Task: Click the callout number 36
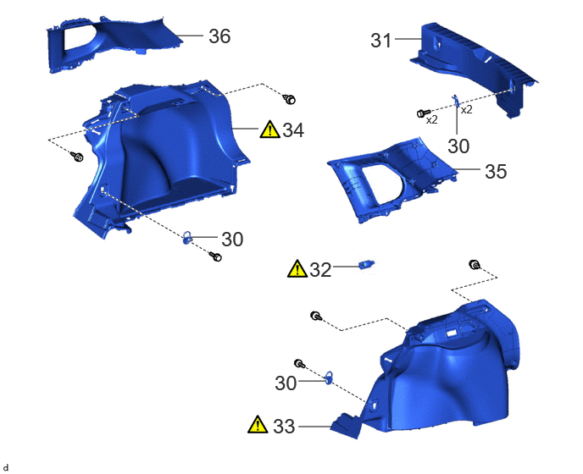click(219, 36)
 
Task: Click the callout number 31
click(381, 40)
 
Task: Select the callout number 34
click(293, 130)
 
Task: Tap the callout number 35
click(496, 171)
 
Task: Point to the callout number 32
click(320, 270)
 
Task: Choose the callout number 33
click(284, 427)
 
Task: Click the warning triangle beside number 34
click(270, 130)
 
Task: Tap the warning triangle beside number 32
click(297, 268)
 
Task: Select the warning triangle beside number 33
click(258, 425)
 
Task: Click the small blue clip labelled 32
click(366, 264)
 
